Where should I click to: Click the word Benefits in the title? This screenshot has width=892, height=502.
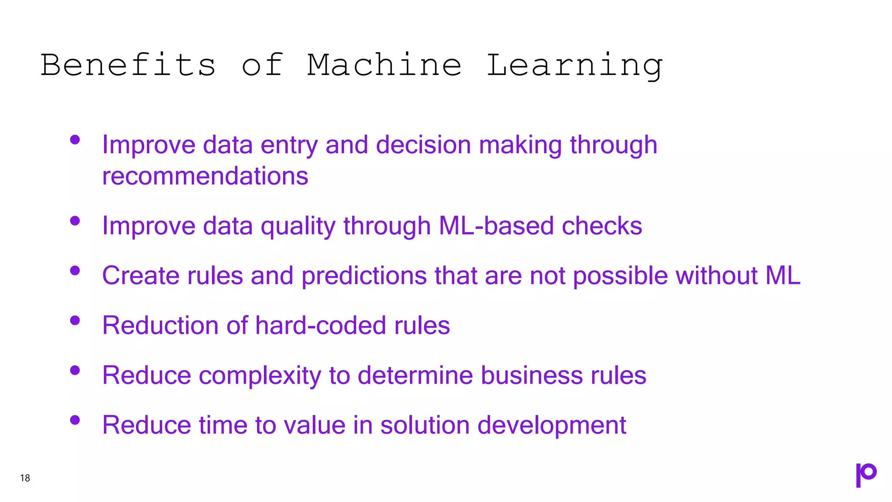pos(128,65)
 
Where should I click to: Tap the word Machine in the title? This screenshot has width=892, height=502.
pos(384,65)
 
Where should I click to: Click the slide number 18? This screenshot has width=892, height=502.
pos(25,478)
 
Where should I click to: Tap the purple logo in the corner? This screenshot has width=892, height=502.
pos(866,475)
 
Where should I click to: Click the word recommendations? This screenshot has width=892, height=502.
pos(205,176)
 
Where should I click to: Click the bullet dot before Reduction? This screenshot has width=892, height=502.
pos(75,321)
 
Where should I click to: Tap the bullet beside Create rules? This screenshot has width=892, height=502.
pos(75,271)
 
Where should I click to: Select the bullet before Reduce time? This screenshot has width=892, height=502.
pos(75,420)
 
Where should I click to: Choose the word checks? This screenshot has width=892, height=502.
pos(602,226)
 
